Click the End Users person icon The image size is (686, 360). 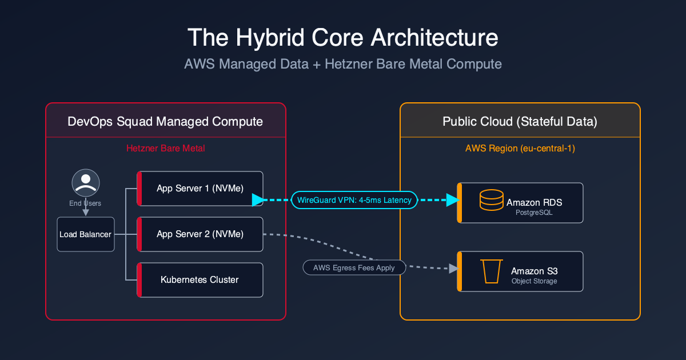[86, 183]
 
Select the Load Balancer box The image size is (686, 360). [86, 234]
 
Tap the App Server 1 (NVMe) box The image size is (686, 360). [200, 189]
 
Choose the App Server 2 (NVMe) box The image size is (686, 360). [200, 234]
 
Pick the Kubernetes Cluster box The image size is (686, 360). [200, 280]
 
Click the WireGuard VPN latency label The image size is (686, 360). [354, 200]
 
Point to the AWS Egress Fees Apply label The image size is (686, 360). [354, 267]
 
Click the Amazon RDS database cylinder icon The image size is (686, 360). [490, 201]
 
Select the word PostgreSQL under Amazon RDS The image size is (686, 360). [535, 213]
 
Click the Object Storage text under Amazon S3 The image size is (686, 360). [534, 281]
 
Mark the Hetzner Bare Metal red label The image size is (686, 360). [165, 149]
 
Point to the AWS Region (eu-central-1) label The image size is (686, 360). [520, 149]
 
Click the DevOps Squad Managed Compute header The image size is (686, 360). [165, 121]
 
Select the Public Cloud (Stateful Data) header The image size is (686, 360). [520, 121]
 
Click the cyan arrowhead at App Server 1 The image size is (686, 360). [258, 200]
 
